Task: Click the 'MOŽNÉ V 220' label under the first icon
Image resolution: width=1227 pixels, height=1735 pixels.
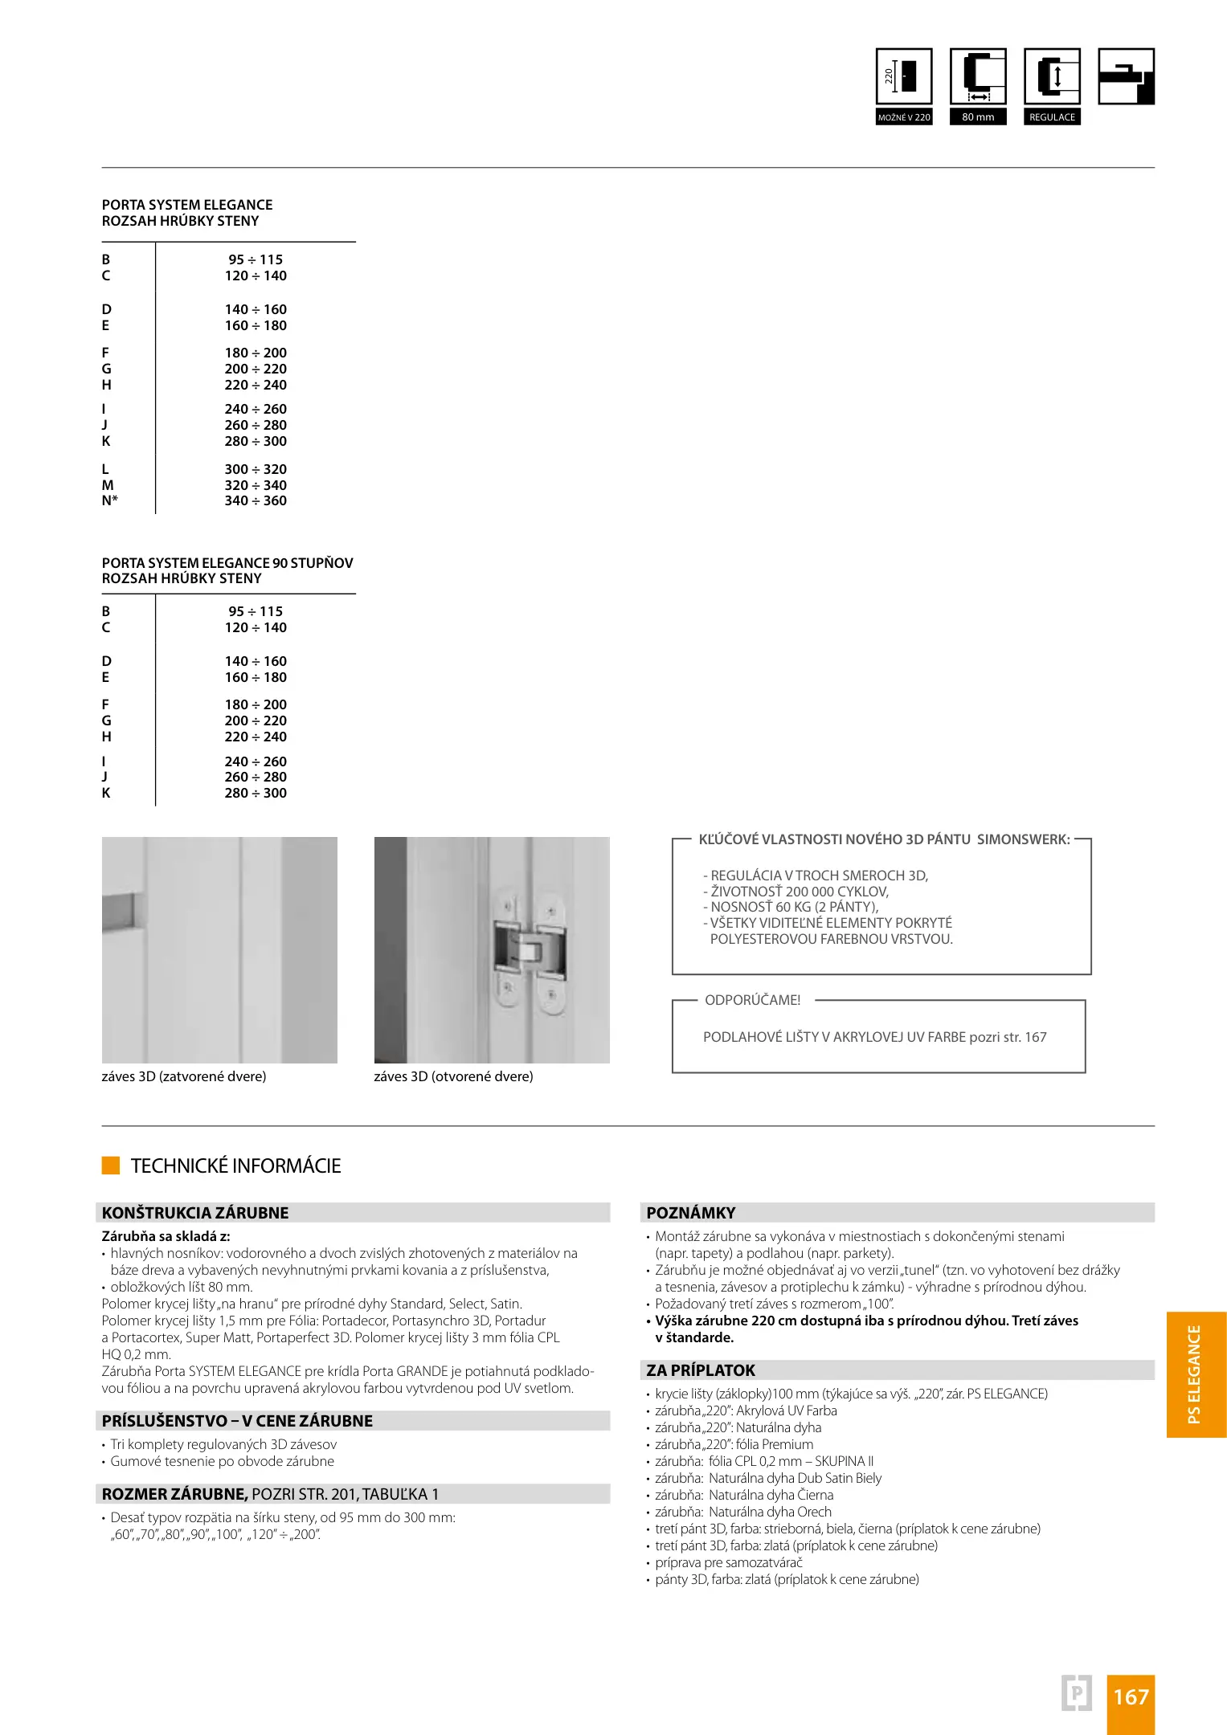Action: (904, 117)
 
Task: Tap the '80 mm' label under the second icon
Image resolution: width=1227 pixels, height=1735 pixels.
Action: (978, 117)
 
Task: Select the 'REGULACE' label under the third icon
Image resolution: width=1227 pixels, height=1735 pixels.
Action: (1052, 117)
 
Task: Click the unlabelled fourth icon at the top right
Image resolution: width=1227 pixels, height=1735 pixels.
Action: (1126, 76)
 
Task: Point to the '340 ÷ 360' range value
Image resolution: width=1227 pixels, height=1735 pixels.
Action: (256, 501)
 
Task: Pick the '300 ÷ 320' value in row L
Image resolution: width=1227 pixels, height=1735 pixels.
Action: (256, 469)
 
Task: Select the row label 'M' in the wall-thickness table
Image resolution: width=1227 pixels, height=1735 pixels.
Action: (108, 485)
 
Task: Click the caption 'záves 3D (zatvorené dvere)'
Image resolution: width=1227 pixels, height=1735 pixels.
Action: (184, 1076)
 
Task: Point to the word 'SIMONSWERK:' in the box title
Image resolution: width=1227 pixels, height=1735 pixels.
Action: (1023, 839)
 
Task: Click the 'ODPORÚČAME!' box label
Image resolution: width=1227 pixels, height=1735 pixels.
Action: (752, 1000)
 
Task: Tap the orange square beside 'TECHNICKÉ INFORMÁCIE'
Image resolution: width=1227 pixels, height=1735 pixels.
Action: (111, 1166)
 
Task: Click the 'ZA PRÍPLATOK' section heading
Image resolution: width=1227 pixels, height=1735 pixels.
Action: (701, 1370)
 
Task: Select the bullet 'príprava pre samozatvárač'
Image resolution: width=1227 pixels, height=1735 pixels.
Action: (728, 1562)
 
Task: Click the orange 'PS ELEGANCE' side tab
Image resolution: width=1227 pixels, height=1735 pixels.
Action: (1196, 1374)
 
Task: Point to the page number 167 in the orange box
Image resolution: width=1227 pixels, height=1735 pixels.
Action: (1131, 1697)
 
